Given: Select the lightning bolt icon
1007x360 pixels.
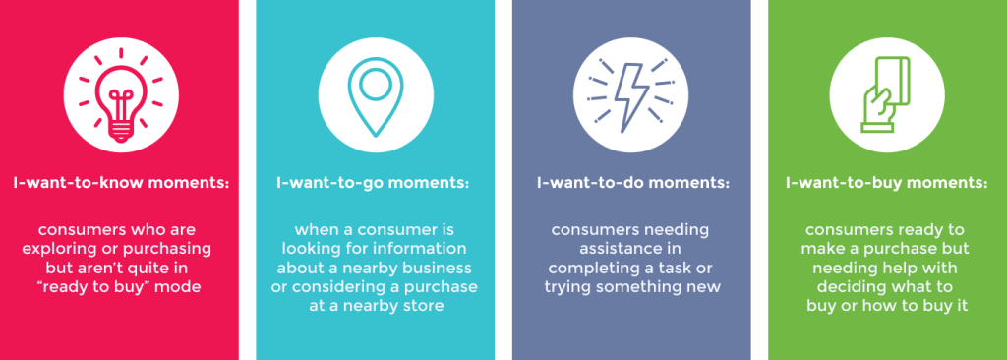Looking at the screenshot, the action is (631, 95).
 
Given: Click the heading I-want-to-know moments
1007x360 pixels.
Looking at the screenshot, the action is (121, 183).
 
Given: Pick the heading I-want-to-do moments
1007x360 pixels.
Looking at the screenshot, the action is (633, 183).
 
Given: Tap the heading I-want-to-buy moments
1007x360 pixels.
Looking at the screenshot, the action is (887, 183).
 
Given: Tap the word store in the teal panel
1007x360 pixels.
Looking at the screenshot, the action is (424, 305).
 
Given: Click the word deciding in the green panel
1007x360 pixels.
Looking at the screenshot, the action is (851, 286).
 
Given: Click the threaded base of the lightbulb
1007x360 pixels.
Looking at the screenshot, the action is (120, 131).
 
